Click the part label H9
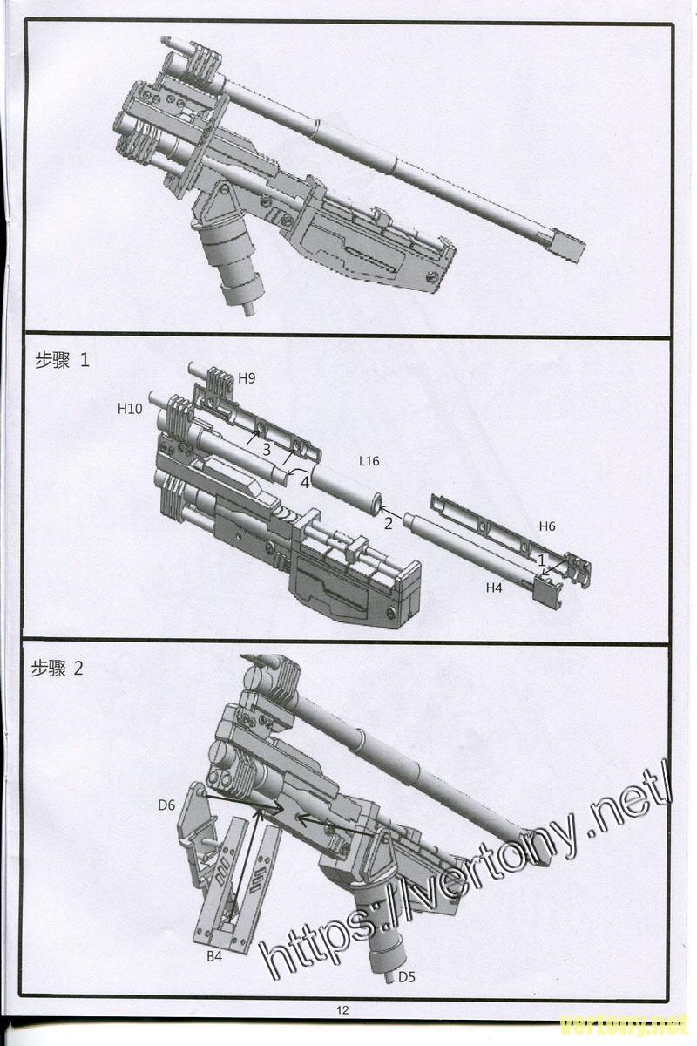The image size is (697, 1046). click(247, 378)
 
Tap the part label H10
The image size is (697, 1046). click(130, 408)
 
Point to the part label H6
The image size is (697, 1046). click(547, 526)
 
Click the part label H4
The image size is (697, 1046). click(494, 588)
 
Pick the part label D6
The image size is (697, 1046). click(167, 805)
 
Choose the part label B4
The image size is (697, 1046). click(213, 957)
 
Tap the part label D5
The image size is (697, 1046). click(406, 977)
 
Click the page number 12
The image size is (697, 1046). click(342, 1010)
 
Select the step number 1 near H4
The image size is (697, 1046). click(540, 559)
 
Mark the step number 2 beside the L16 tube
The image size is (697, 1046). click(389, 523)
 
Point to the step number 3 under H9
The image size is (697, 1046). click(267, 448)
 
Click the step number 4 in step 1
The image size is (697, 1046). click(305, 481)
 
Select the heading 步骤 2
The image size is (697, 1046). click(58, 669)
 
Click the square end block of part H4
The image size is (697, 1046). click(546, 592)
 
